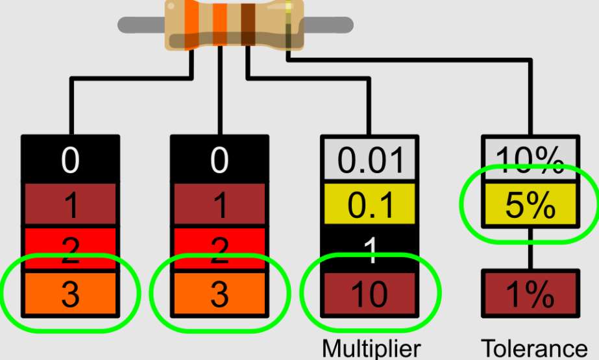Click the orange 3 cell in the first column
(70, 294)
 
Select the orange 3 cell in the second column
(219, 294)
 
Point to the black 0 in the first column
(70, 160)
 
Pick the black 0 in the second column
(219, 160)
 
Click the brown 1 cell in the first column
(70, 205)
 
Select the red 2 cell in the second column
(219, 249)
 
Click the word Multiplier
(371, 348)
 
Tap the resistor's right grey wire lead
(328, 25)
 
